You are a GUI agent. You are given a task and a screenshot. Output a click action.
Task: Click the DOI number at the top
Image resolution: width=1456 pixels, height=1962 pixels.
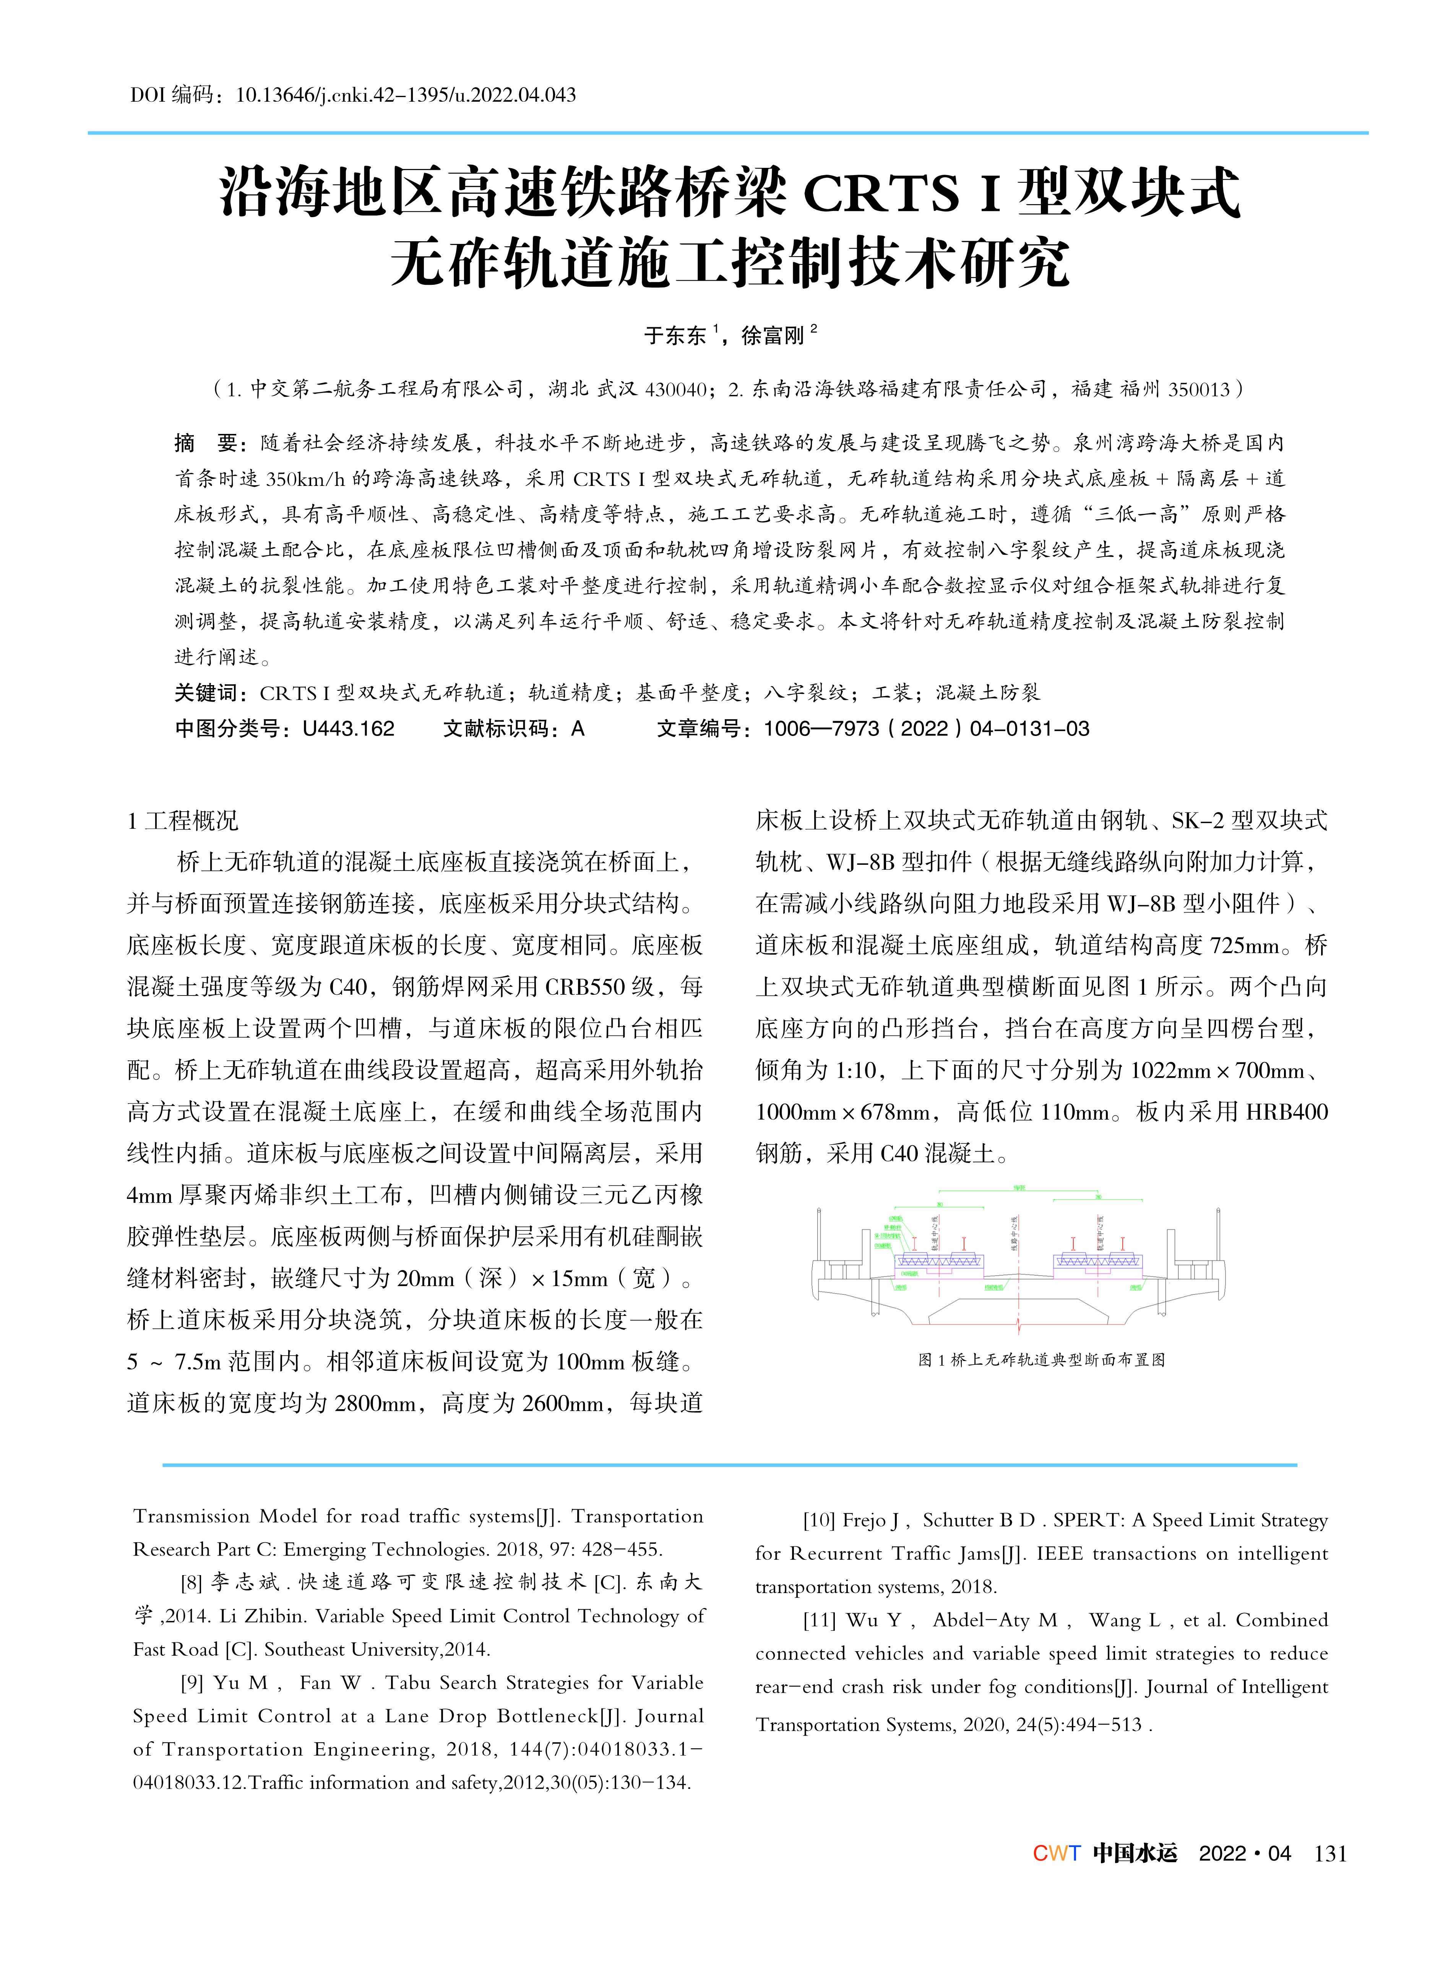click(x=406, y=95)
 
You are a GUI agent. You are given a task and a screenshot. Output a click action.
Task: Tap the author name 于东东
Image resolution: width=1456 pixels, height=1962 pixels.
click(x=675, y=335)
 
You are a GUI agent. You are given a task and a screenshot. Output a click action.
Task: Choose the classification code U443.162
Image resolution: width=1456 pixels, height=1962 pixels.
click(x=348, y=729)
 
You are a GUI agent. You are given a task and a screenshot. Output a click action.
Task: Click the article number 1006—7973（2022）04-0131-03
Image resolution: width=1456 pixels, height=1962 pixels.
click(x=925, y=729)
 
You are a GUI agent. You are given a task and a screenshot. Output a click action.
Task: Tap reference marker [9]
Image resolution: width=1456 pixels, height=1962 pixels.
click(x=192, y=1683)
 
